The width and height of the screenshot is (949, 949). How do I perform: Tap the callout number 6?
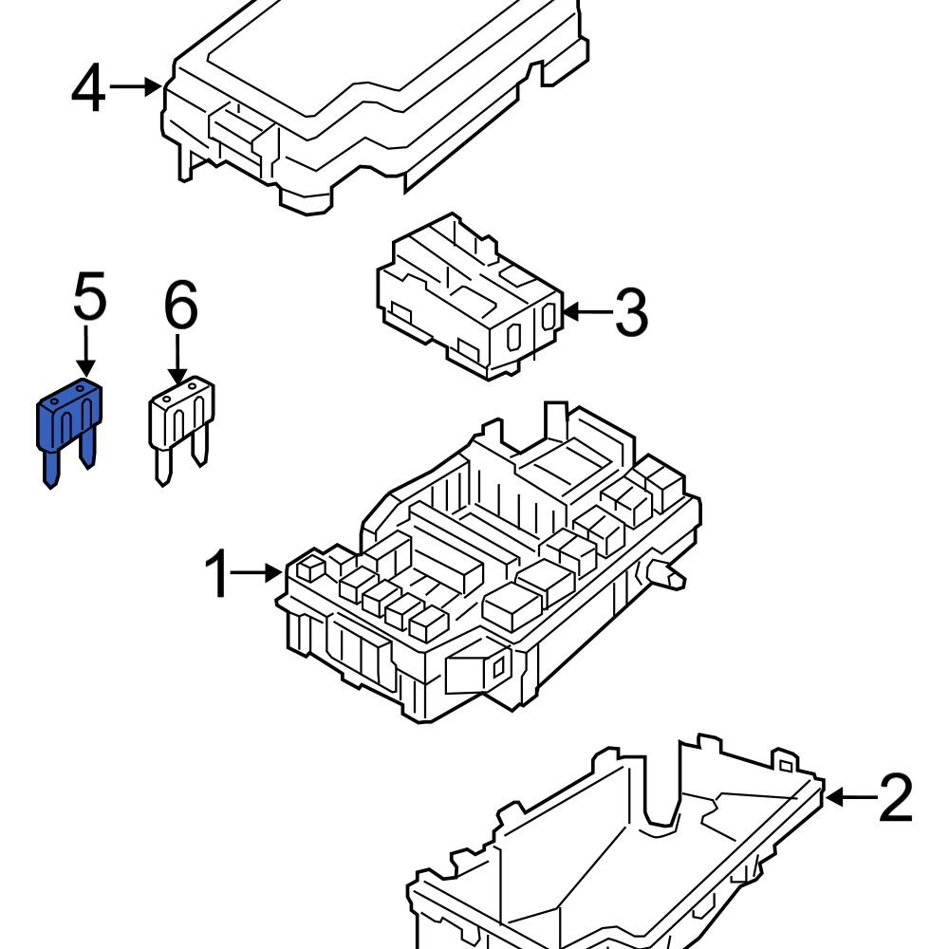click(180, 307)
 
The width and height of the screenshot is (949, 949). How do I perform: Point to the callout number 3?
click(631, 312)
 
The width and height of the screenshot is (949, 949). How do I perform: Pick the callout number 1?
click(217, 573)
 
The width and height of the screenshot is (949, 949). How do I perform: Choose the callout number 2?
click(895, 798)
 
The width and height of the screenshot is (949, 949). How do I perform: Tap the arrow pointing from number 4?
click(136, 87)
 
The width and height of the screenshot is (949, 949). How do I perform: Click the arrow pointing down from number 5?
click(85, 354)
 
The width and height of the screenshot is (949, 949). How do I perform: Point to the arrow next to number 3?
click(586, 311)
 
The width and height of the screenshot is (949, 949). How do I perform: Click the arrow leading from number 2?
click(849, 797)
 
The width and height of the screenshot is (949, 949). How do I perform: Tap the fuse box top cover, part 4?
click(380, 95)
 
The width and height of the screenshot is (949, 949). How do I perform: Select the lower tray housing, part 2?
click(617, 854)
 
